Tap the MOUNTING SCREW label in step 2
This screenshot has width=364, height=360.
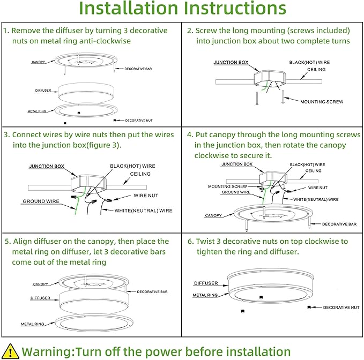[322, 101]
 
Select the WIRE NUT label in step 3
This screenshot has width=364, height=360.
[145, 196]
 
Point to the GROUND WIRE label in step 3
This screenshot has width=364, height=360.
[41, 201]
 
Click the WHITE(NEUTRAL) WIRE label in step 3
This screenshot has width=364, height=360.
[144, 211]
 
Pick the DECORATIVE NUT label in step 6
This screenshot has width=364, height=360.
[341, 307]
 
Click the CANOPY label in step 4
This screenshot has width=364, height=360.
[213, 216]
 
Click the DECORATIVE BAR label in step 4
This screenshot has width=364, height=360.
[340, 224]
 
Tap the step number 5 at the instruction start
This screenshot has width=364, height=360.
[6, 242]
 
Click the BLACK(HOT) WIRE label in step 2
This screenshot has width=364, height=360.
[309, 62]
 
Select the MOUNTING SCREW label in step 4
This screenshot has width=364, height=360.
[227, 186]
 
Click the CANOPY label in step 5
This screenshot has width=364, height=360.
[40, 284]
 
